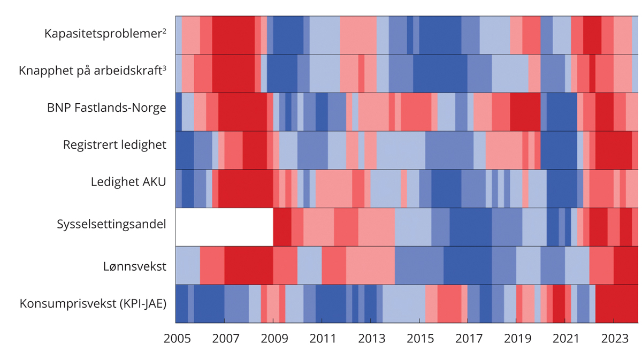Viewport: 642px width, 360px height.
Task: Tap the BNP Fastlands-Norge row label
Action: point(106,108)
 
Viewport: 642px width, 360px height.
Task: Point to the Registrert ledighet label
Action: point(114,145)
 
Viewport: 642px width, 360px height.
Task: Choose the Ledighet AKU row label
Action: point(128,182)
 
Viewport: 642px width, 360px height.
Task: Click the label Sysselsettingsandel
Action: point(111,224)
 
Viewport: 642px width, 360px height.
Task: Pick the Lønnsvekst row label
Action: point(135,266)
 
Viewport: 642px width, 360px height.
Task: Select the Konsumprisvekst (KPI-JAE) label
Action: point(93,303)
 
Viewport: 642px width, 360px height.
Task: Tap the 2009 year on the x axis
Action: point(273,339)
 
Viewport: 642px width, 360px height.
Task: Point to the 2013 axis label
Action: point(371,339)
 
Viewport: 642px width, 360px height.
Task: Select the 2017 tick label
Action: point(469,339)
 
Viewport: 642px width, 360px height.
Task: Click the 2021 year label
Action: point(566,339)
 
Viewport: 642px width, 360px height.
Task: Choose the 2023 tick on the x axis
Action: point(615,339)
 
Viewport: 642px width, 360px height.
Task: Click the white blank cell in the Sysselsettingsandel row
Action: point(224,227)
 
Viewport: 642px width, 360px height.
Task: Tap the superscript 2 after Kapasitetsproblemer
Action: point(164,30)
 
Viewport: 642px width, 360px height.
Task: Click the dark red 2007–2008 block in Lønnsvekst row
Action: point(248,265)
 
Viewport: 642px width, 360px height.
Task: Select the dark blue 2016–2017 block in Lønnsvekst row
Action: point(468,265)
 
